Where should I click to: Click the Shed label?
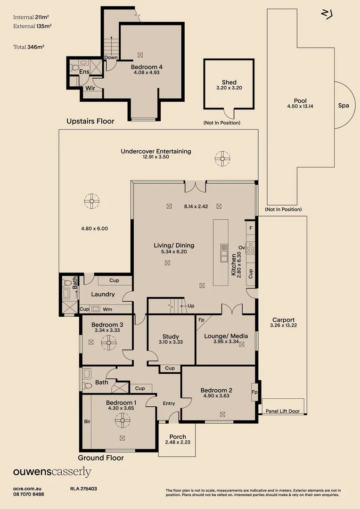[x=229, y=82]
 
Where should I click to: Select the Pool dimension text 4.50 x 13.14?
[x=300, y=107]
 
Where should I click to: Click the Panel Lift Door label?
[x=283, y=411]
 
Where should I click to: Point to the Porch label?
[x=178, y=437]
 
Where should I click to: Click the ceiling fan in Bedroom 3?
[x=109, y=343]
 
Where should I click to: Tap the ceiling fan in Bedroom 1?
[x=123, y=419]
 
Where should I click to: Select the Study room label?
[x=171, y=337]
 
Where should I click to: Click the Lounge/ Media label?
[x=226, y=336]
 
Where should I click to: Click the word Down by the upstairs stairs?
[x=111, y=57]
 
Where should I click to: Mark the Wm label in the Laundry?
[x=107, y=309]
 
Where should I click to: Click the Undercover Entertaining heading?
[x=156, y=151]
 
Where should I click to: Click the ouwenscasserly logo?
[x=52, y=472]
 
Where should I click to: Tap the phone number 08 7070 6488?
[x=29, y=494]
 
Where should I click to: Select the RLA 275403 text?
[x=83, y=489]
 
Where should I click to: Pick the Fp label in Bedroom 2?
[x=254, y=392]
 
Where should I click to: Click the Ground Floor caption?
[x=101, y=458]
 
